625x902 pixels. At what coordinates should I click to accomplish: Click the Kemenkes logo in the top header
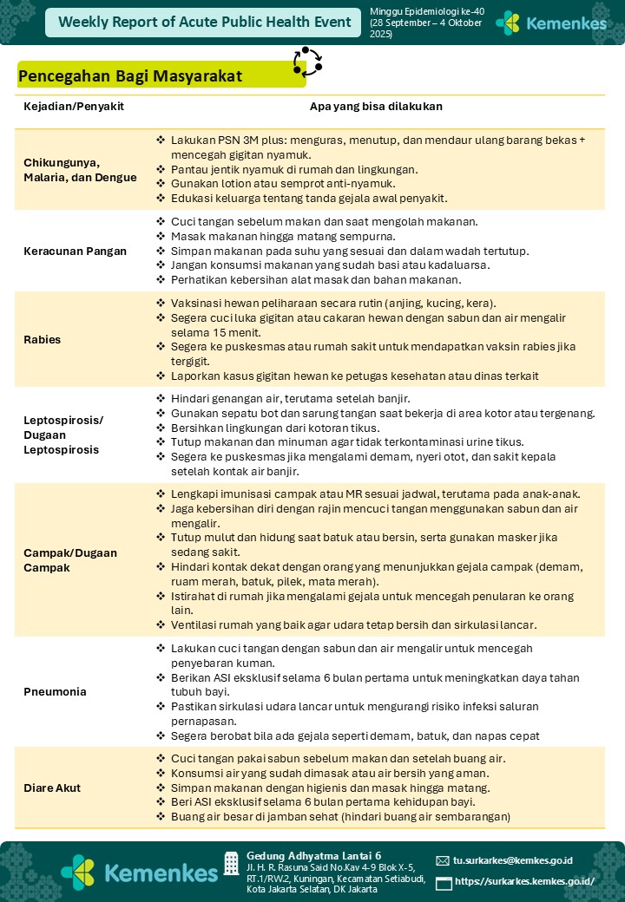coord(550,23)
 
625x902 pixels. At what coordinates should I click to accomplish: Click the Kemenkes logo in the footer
coord(139,872)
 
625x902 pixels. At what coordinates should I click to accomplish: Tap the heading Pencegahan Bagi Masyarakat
coord(130,76)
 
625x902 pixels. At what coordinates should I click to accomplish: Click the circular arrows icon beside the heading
coord(307,62)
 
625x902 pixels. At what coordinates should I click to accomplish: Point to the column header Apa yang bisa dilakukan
coord(376,106)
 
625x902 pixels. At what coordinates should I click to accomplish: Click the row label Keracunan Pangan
coord(75,252)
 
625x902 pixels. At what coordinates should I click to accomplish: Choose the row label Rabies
coord(42,339)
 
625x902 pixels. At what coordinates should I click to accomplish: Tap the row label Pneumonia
coord(55,692)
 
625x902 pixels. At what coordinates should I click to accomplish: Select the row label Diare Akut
coord(52,788)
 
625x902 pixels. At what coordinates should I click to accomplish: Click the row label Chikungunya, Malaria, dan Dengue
coord(80,170)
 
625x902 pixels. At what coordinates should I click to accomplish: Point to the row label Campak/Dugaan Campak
coord(69,559)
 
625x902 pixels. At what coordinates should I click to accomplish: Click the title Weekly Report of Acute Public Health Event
coord(205,23)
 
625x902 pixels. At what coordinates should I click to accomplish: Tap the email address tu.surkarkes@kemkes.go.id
coord(513,860)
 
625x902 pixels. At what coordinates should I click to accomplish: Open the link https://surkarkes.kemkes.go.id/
coord(524,881)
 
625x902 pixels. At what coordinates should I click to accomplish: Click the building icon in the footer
coord(231,863)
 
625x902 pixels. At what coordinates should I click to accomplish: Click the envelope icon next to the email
coord(443,861)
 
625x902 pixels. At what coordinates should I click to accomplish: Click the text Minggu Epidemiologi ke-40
coord(415,12)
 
